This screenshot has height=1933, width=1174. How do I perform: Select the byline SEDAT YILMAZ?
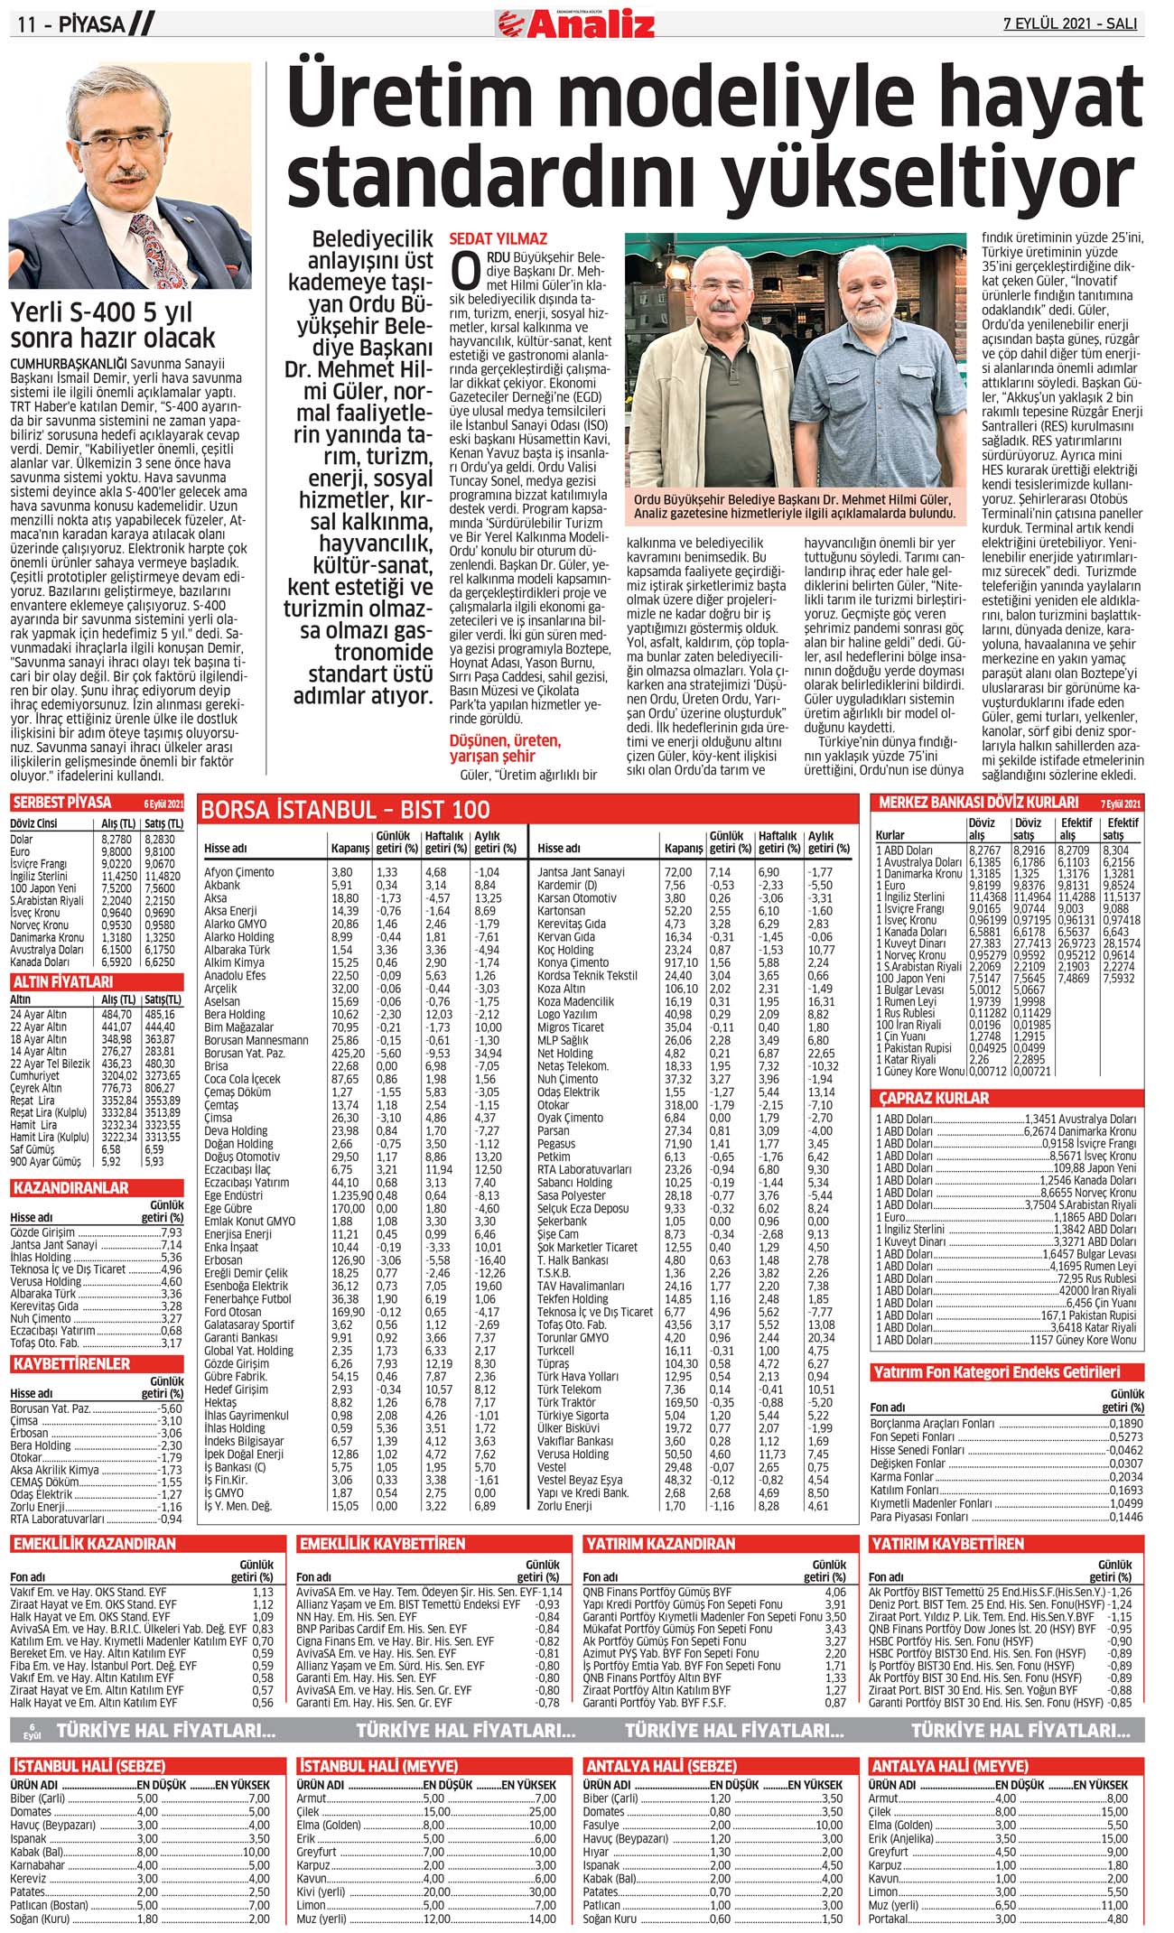[498, 239]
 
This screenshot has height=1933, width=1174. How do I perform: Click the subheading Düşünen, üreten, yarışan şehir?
[505, 748]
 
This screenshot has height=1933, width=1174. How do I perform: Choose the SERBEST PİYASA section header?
[62, 803]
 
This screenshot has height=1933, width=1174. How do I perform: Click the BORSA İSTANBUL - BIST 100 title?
[345, 809]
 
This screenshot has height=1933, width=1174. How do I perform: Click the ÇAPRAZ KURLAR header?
[934, 1098]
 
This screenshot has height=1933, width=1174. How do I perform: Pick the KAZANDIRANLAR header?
[70, 1187]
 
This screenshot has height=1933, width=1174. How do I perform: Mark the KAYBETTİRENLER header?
[71, 1363]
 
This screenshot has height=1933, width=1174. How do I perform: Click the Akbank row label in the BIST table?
[222, 885]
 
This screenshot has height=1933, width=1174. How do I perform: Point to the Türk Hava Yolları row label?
[578, 1377]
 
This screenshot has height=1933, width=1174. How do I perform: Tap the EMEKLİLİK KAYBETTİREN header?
[382, 1544]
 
